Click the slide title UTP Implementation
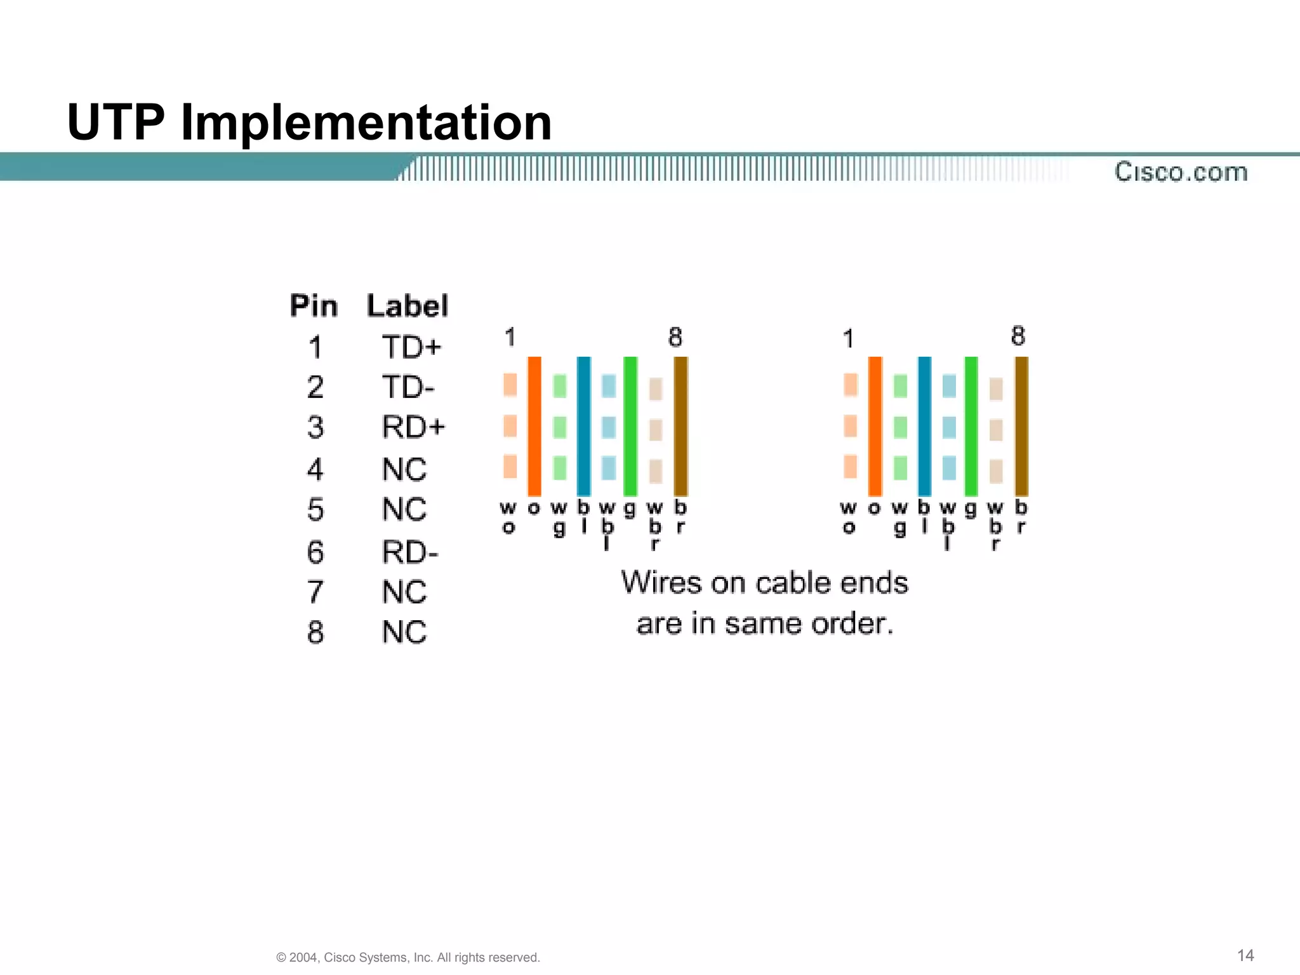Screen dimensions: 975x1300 pos(309,122)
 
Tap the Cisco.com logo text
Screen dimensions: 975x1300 pos(1181,172)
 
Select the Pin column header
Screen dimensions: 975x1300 pos(314,306)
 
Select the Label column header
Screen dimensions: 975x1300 pos(408,306)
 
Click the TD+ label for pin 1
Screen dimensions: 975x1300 pos(411,348)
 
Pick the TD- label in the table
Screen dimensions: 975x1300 pos(408,387)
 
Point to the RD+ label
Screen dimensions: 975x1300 pos(413,427)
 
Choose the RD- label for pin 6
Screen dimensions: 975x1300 pos(410,552)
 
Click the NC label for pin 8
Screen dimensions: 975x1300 pos(404,632)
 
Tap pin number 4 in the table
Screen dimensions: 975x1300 pos(315,470)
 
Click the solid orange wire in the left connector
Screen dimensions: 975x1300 pos(534,426)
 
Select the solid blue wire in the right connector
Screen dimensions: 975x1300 pos(924,426)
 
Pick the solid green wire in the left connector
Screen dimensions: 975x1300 pos(630,426)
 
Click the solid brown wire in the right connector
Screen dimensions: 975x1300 pos(1021,426)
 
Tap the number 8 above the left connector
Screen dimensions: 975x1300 pos(675,337)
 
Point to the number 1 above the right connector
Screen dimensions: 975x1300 pos(848,338)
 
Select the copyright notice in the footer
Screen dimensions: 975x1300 pos(408,957)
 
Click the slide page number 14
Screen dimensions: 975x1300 pos(1245,955)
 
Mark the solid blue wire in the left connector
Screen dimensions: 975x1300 pos(583,426)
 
